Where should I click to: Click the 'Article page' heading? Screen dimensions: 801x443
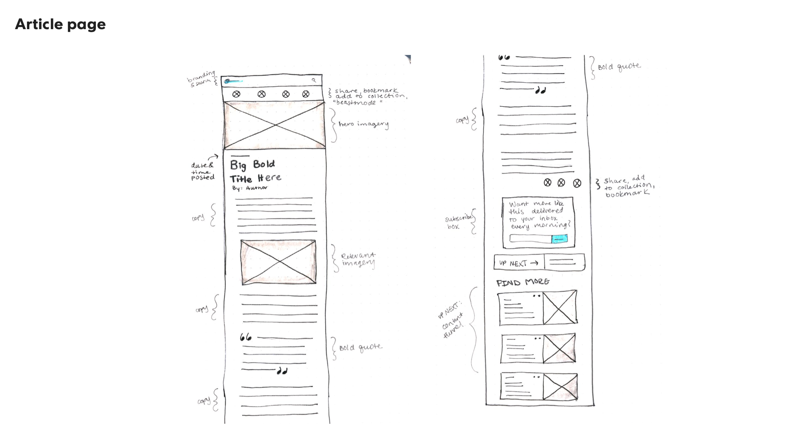coord(60,24)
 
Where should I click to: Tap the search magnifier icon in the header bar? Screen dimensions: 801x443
coord(314,80)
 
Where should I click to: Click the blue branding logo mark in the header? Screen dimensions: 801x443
coord(227,81)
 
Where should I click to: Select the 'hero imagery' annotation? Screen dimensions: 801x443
coord(363,124)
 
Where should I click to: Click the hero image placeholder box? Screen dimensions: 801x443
coord(275,125)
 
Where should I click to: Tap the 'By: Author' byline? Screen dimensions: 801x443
coord(250,188)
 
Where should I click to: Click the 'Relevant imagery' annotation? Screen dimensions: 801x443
coord(358,260)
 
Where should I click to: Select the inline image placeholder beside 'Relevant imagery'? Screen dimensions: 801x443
coord(278,262)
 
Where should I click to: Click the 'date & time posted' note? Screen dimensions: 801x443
coord(203,171)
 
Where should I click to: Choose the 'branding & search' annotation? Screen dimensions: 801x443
coord(201,78)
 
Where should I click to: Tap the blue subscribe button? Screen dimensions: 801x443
coord(559,239)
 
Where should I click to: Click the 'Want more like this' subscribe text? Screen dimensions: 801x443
coord(538,215)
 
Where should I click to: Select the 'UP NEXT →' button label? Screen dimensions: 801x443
coord(518,263)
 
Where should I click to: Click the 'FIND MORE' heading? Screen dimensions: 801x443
coord(523,282)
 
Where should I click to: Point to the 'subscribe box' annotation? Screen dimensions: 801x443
coord(458,222)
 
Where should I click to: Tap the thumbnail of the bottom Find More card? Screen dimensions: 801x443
coord(560,387)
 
